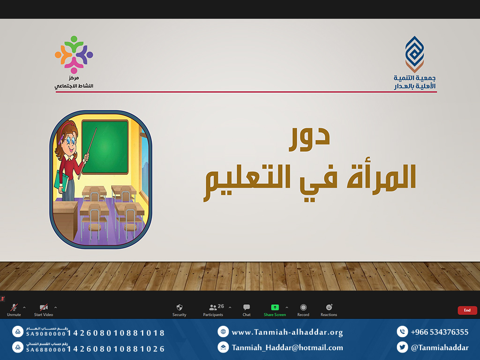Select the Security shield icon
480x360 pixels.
click(x=180, y=307)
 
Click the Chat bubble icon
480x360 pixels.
click(x=247, y=307)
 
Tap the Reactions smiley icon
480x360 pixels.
click(x=329, y=307)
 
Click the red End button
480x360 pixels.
click(x=467, y=310)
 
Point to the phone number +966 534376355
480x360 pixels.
click(x=440, y=332)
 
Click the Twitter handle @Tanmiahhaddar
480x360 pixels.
click(x=440, y=348)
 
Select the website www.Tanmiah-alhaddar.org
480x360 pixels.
click(x=287, y=332)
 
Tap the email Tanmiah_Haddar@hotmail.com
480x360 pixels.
click(x=287, y=348)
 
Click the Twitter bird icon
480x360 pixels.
click(x=402, y=347)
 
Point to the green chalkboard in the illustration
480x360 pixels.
click(x=105, y=147)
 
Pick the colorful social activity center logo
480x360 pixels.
click(x=74, y=54)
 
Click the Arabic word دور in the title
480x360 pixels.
click(x=309, y=139)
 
